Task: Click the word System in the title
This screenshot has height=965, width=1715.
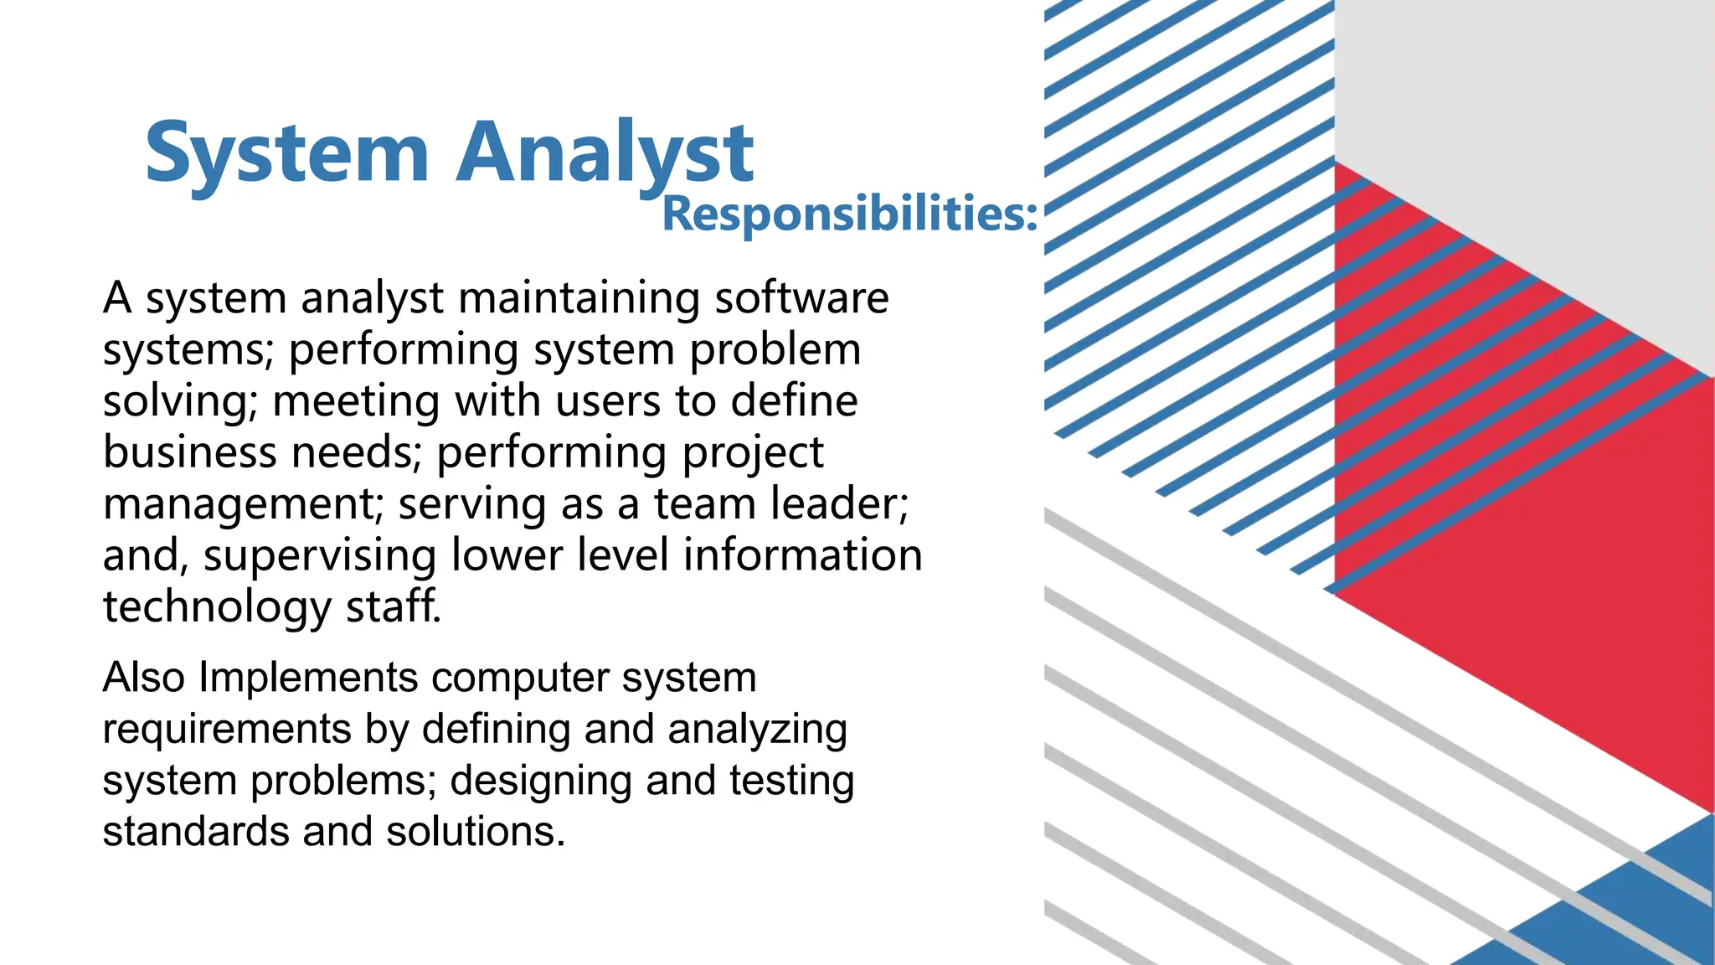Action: click(286, 153)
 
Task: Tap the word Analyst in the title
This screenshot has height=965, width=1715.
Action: click(605, 153)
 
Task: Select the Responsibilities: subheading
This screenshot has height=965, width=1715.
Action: click(849, 214)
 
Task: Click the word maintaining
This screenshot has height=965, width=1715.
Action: click(579, 298)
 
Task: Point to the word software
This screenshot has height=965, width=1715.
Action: click(801, 298)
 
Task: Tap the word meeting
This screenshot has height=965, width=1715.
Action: click(356, 401)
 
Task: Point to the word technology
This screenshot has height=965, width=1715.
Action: click(217, 607)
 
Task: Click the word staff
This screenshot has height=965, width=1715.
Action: click(393, 607)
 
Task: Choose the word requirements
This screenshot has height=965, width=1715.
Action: click(226, 729)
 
